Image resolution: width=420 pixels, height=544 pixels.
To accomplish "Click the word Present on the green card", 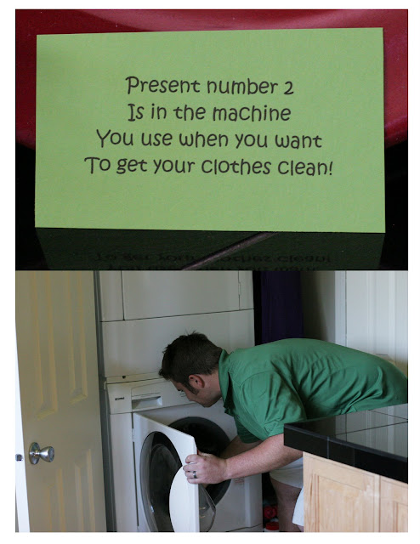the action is (162, 85).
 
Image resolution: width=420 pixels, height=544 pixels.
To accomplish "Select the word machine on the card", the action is (252, 113).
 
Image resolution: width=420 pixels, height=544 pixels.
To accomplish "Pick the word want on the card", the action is (298, 140).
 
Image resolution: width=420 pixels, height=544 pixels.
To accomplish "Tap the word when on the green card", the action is (203, 139).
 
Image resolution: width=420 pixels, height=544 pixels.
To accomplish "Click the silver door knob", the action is (42, 453).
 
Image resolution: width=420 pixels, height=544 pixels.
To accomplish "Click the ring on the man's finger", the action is (195, 474).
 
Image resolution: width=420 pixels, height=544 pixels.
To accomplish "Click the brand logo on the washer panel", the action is (119, 399).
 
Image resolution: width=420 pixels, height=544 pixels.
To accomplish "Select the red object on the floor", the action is (270, 513).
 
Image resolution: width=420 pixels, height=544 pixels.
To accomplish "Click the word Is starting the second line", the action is (136, 112).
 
